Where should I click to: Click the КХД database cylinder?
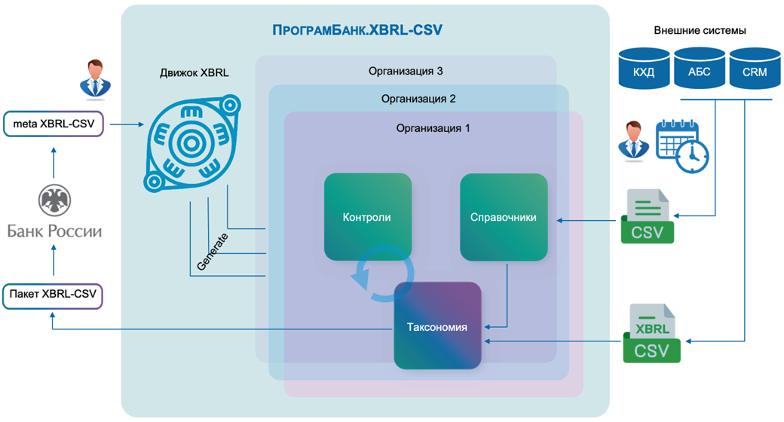[644, 69]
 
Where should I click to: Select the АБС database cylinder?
[699, 69]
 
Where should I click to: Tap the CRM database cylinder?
[754, 69]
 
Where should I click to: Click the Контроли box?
[367, 217]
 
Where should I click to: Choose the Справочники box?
[503, 217]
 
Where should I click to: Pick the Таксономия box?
[437, 326]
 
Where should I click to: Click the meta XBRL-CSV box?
[53, 123]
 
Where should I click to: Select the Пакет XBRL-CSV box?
[53, 295]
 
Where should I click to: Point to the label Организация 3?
[406, 72]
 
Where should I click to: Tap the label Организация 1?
[433, 128]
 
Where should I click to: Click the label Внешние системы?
[700, 31]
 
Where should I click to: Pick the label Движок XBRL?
[194, 73]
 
